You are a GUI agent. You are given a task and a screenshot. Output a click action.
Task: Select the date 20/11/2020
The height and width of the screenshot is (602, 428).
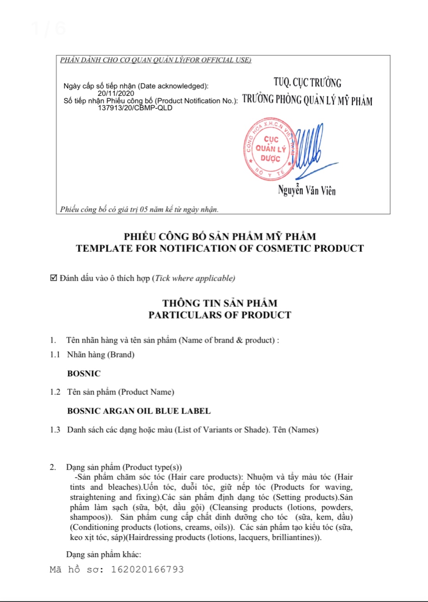[x=116, y=93]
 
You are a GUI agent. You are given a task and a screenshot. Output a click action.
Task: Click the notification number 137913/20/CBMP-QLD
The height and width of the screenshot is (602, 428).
[x=135, y=108]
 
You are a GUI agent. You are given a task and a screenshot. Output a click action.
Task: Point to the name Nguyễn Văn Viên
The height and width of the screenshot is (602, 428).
[x=307, y=190]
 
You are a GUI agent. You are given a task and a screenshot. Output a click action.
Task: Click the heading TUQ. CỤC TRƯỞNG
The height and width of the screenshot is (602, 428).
[x=308, y=83]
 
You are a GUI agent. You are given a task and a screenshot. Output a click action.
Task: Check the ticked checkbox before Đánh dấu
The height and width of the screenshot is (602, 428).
[x=54, y=278]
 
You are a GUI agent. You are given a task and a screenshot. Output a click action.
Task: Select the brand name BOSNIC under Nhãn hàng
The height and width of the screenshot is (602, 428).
[x=84, y=373]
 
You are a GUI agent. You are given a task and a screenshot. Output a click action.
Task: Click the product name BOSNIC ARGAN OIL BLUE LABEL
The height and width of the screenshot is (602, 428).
[x=139, y=411]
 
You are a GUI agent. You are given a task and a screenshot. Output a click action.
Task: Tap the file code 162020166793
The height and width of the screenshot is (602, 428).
[x=147, y=569]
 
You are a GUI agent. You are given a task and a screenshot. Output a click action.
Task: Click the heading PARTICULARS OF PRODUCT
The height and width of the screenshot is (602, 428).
[x=219, y=315]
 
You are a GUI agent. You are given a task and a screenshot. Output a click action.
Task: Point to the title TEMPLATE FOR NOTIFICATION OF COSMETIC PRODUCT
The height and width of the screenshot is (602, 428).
[x=219, y=248]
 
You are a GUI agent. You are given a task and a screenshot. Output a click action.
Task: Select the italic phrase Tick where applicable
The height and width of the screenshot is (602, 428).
[x=195, y=278]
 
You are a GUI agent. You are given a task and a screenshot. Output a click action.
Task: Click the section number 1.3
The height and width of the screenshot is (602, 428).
[x=55, y=429]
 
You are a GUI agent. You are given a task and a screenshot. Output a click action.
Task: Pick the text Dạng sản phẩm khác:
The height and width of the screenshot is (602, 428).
[x=104, y=554]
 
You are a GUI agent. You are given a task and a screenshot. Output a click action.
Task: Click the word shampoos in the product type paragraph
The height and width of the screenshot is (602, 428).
[x=89, y=517]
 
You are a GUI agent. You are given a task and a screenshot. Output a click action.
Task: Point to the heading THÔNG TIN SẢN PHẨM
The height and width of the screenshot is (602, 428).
[x=219, y=303]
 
